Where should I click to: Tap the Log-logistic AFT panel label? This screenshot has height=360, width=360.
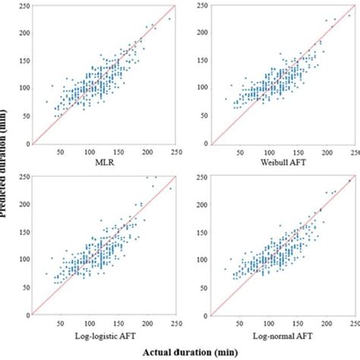96,334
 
